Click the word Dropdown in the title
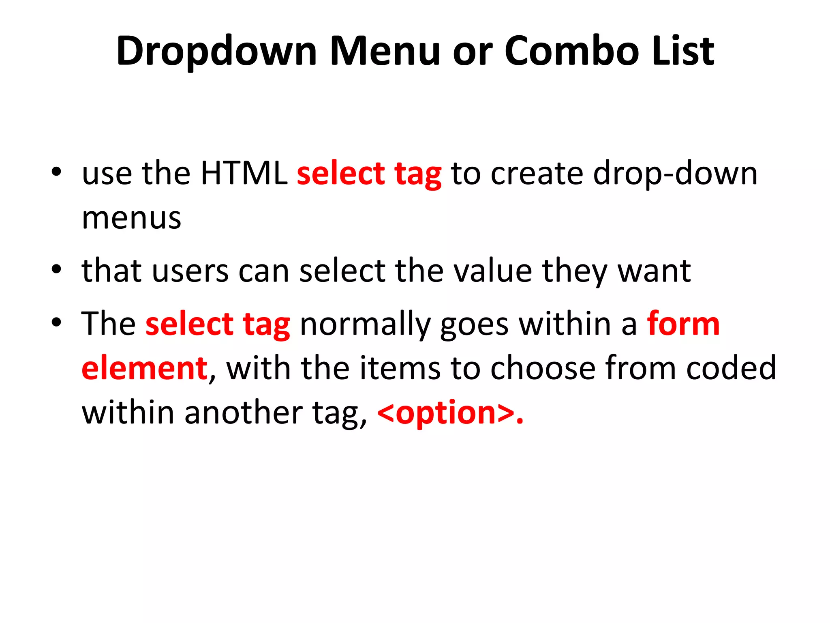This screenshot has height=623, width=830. coord(216,52)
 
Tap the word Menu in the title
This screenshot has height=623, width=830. coord(385,51)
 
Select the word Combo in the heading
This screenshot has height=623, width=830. coord(572,51)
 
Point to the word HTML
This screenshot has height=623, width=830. coord(244,174)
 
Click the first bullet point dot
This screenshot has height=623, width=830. coord(56,172)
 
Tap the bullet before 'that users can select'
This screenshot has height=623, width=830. coord(56,269)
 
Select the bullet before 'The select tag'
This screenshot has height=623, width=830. coord(56,322)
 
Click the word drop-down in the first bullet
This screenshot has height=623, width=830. coord(675,174)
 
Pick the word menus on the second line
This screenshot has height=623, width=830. coord(131,218)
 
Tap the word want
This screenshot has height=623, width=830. coord(654,271)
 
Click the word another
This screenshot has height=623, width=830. coord(244,413)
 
